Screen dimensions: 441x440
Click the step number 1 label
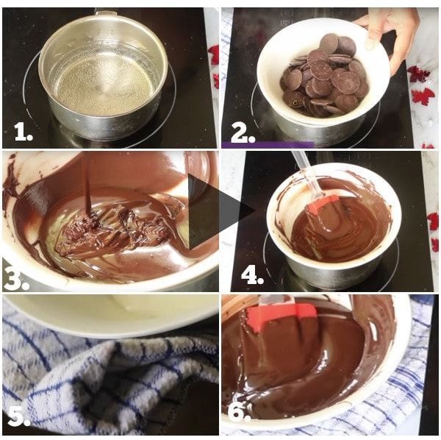24,132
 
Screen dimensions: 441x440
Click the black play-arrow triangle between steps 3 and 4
220,211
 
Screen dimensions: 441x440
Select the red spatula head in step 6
282,316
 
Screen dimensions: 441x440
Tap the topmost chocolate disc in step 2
329,43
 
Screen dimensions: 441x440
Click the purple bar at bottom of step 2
268,145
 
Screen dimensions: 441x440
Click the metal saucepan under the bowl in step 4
332,274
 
